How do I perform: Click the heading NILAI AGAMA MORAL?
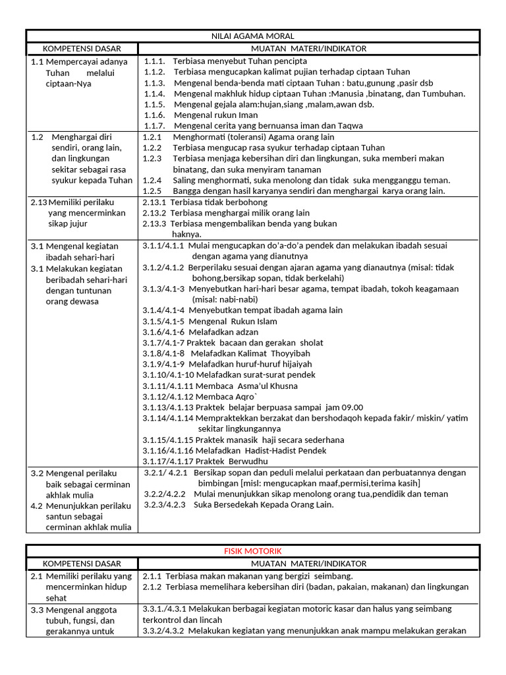(x=253, y=36)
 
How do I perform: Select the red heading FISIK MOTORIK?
(x=253, y=551)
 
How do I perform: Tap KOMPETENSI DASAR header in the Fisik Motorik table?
(x=82, y=564)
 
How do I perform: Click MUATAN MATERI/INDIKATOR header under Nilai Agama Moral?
(x=308, y=49)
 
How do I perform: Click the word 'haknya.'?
(x=186, y=234)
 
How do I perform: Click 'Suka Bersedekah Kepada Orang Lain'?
(x=264, y=504)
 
